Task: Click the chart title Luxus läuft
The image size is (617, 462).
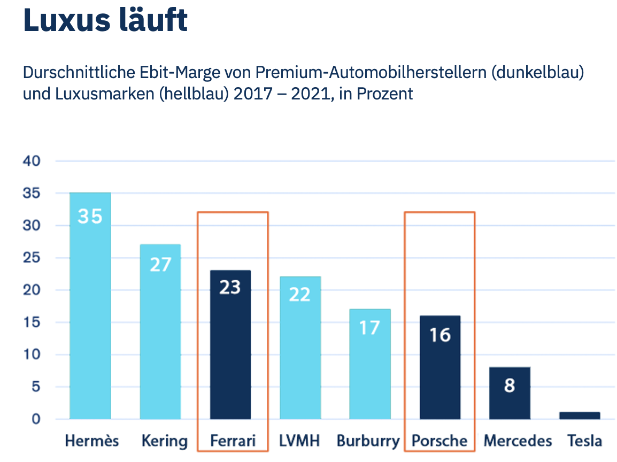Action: pos(105,20)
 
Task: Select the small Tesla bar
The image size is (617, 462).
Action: pos(580,415)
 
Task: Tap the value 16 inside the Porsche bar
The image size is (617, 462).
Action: pos(439,335)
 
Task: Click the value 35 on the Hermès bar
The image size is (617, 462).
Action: pos(90,217)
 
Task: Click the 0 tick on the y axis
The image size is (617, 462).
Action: pos(36,419)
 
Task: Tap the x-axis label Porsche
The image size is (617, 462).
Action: pos(439,441)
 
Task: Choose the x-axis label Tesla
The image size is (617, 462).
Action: pos(584,441)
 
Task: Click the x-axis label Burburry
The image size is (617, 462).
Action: pos(368,441)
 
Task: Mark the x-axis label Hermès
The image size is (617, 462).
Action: pos(92,441)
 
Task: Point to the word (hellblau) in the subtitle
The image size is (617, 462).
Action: pos(180,94)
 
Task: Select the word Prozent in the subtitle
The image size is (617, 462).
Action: pos(384,94)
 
